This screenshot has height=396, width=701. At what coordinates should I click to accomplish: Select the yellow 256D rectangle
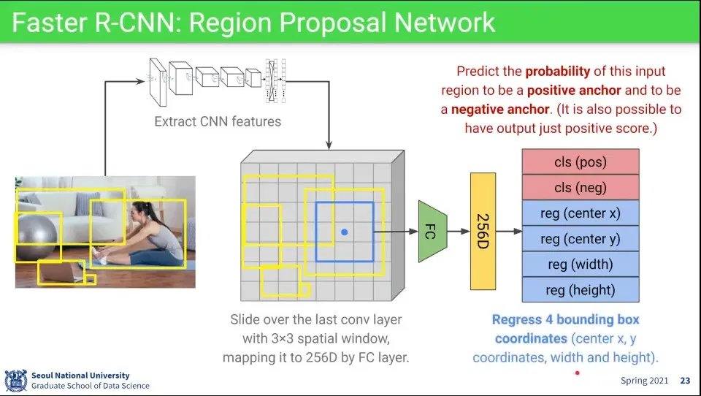483,231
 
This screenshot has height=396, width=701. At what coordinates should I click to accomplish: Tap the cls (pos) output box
581,161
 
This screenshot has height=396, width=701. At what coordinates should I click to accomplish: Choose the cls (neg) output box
581,187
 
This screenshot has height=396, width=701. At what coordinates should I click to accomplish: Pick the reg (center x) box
581,213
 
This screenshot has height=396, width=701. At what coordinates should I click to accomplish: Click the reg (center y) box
581,238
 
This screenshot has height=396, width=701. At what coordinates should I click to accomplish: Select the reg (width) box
581,264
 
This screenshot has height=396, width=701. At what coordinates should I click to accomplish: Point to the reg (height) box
581,290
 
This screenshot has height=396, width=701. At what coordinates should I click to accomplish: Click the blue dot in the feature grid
344,232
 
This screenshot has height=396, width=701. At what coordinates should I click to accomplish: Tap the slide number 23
685,381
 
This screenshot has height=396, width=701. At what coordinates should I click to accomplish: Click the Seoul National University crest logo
15,381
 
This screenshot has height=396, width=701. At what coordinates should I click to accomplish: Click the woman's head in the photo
141,213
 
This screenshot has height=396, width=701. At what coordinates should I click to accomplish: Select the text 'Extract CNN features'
218,121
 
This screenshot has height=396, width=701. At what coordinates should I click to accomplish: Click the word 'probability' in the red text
557,72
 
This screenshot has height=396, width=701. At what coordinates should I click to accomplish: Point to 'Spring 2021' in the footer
643,381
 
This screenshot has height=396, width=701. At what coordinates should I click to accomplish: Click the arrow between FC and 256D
458,232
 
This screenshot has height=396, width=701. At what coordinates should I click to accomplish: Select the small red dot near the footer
578,373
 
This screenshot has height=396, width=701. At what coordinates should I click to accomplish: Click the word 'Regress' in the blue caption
519,320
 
